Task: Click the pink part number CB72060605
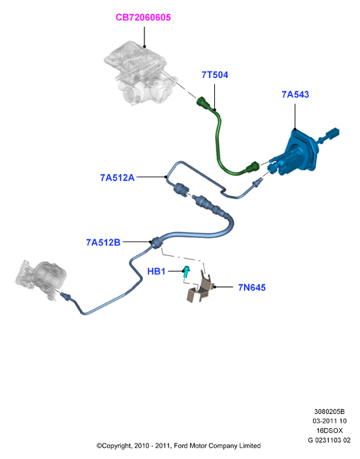(x=143, y=17)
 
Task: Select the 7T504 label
(x=215, y=75)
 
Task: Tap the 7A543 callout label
(x=295, y=94)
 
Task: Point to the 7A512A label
(x=118, y=177)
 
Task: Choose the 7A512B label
(x=103, y=243)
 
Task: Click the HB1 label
(x=156, y=272)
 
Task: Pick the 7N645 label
(x=252, y=288)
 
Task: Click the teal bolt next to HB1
(x=186, y=272)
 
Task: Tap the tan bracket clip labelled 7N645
(x=199, y=288)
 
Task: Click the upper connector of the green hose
(x=204, y=102)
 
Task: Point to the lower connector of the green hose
(x=253, y=167)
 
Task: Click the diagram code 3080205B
(x=329, y=411)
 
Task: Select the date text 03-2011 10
(x=329, y=421)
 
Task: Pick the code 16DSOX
(x=329, y=431)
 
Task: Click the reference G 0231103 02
(x=329, y=440)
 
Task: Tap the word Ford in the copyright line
(x=181, y=446)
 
